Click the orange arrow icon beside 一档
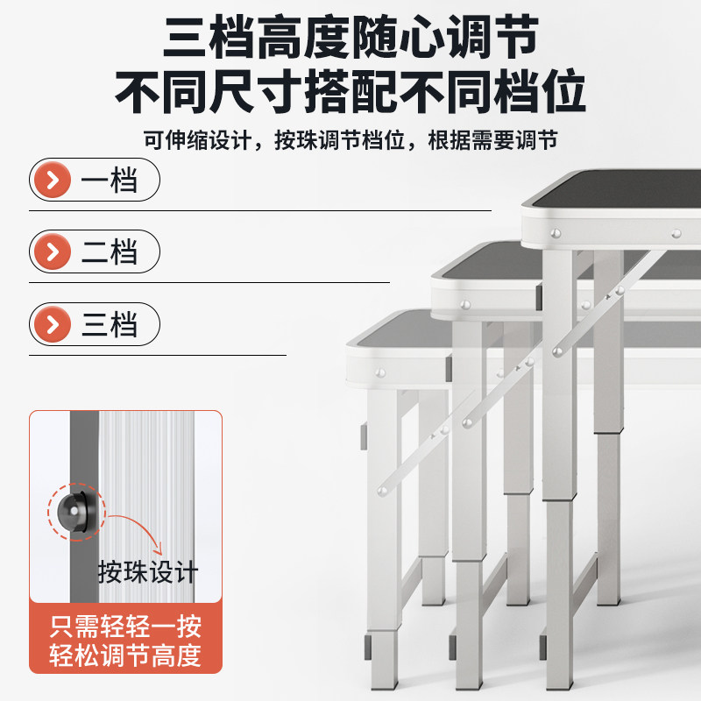[53, 180]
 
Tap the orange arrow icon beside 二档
[53, 251]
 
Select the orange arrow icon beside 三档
[53, 324]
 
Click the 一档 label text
[109, 180]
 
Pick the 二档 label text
[109, 251]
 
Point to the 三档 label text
[109, 324]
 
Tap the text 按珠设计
[148, 571]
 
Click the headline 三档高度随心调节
[351, 37]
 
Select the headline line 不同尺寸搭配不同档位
[350, 91]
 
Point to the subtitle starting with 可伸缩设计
[350, 140]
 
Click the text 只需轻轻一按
[125, 626]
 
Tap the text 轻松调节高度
[125, 655]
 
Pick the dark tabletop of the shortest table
[398, 329]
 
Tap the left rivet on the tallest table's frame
[556, 233]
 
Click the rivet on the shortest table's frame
[380, 372]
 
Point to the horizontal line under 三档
[158, 356]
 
